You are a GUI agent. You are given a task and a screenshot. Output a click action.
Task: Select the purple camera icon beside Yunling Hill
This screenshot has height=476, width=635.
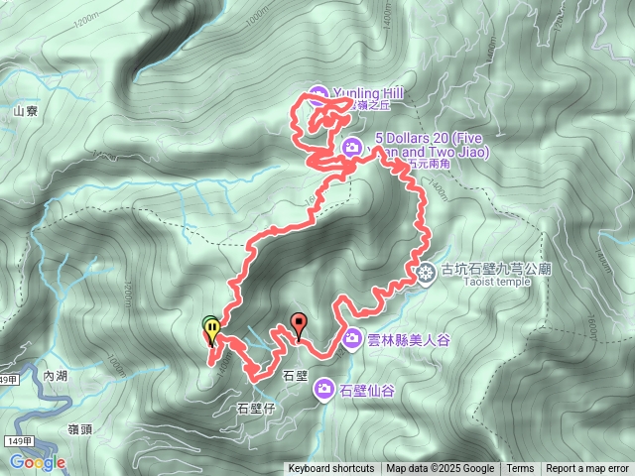pyautogui.click(x=317, y=95)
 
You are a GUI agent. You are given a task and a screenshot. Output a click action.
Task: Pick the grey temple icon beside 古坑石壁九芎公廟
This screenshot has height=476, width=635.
pyautogui.click(x=427, y=272)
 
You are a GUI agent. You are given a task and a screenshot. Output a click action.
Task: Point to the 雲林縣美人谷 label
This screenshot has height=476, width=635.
pyautogui.click(x=409, y=340)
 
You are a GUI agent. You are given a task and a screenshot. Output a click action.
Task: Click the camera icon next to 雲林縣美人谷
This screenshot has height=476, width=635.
pyautogui.click(x=352, y=340)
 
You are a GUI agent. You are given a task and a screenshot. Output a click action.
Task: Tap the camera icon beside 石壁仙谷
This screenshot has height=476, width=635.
pyautogui.click(x=323, y=390)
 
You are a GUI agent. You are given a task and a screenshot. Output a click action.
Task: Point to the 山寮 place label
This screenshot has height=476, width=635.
pyautogui.click(x=25, y=112)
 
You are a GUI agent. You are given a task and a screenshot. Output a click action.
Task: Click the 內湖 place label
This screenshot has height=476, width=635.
pyautogui.click(x=57, y=376)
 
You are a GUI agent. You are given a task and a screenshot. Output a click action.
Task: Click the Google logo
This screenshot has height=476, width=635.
pyautogui.click(x=38, y=462)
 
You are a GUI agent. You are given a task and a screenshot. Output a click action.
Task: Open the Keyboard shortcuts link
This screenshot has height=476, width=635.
pyautogui.click(x=330, y=469)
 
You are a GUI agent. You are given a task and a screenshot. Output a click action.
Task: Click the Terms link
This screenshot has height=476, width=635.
pyautogui.click(x=520, y=469)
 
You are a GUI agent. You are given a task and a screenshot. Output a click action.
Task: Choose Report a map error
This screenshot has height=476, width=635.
pyautogui.click(x=587, y=469)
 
